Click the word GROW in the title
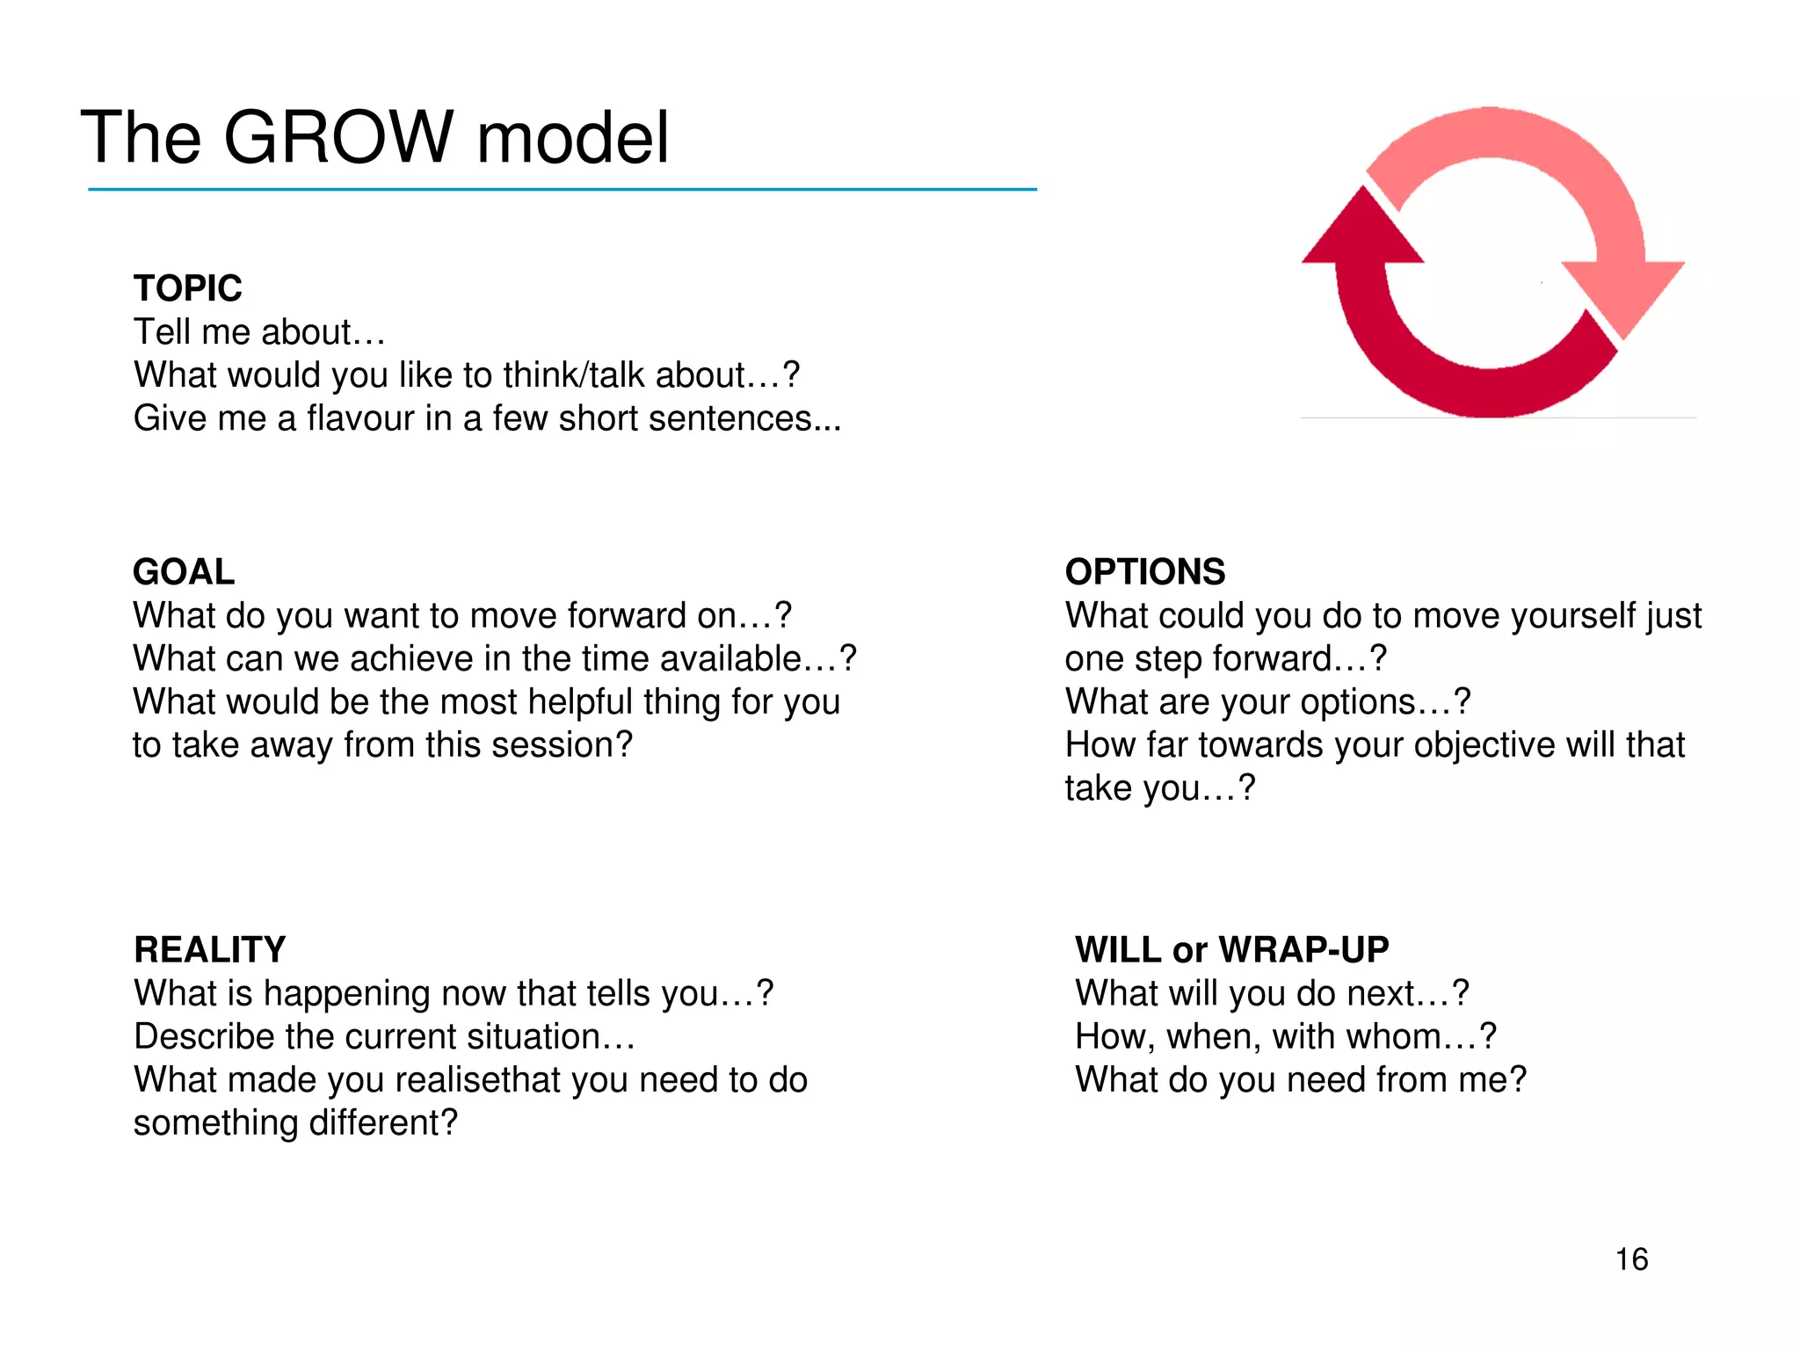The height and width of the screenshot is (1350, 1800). tap(338, 137)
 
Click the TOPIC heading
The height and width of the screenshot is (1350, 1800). tap(187, 288)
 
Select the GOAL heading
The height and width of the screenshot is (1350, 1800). tap(184, 572)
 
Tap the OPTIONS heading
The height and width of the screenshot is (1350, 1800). tap(1144, 572)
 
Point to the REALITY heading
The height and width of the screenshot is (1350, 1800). tap(209, 950)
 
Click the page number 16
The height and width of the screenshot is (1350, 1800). tap(1631, 1259)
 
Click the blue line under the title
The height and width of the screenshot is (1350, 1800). tap(562, 189)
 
